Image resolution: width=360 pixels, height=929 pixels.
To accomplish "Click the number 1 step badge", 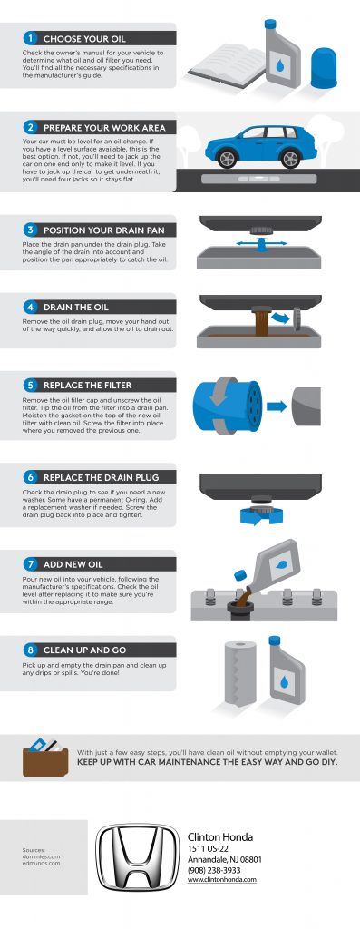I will click(30, 39).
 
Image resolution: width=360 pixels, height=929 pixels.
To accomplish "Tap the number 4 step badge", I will click(30, 307).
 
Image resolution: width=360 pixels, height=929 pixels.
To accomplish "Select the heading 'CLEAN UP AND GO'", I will click(83, 650).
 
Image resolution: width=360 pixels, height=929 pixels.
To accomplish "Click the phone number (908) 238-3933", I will click(214, 869).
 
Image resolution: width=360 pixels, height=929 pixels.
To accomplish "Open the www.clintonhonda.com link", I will click(221, 880).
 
